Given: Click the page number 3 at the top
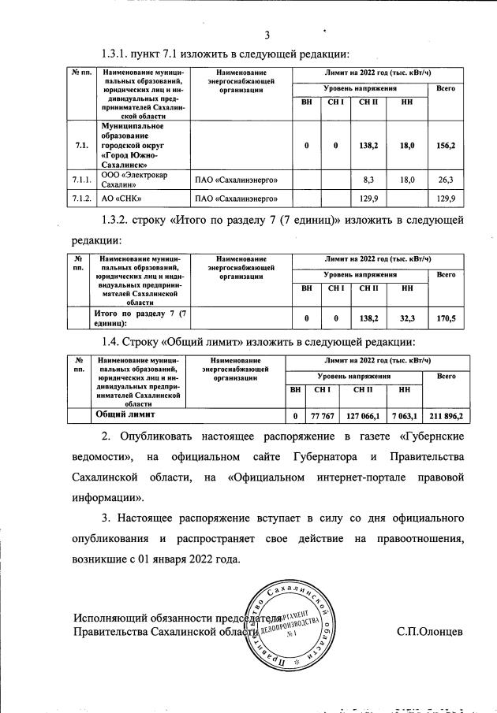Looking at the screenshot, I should point(267,34).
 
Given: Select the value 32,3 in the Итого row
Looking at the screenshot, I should point(407,318).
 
